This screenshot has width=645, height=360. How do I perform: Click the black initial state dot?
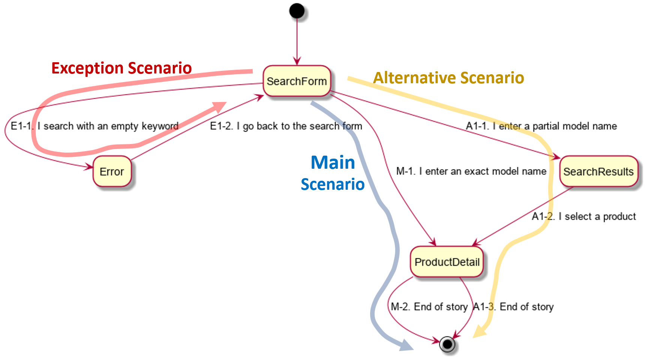[297, 11]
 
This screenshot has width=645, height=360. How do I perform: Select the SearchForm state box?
[297, 81]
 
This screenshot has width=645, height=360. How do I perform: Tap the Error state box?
[112, 171]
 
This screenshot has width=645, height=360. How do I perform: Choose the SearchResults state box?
[598, 171]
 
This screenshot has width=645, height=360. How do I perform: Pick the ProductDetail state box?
[447, 262]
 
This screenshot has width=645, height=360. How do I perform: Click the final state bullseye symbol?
[447, 343]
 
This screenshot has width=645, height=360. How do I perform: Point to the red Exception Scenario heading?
[121, 68]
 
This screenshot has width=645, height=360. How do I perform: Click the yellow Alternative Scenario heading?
[448, 78]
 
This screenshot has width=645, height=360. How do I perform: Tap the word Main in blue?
[333, 163]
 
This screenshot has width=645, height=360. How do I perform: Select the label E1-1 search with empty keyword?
[94, 126]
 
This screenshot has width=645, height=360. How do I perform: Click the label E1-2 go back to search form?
[286, 126]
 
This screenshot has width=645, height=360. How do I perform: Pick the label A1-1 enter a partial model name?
[541, 126]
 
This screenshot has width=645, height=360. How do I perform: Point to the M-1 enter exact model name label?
[471, 171]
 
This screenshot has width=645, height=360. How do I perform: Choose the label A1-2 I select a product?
[583, 216]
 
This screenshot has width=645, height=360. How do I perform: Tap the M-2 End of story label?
[429, 307]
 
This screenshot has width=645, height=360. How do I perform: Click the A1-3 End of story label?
[513, 307]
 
